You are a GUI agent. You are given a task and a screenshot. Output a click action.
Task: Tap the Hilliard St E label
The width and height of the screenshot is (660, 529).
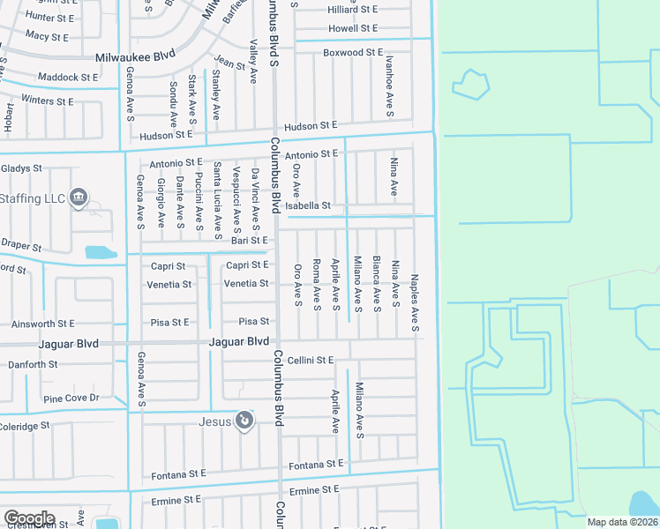pyautogui.click(x=352, y=9)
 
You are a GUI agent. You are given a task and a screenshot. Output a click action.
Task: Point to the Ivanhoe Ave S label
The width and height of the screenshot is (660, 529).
pyautogui.click(x=389, y=86)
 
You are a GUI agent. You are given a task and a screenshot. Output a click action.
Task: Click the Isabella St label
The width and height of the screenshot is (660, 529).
pyautogui.click(x=313, y=205)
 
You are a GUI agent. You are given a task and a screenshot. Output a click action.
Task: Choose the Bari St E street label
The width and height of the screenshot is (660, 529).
pyautogui.click(x=249, y=240)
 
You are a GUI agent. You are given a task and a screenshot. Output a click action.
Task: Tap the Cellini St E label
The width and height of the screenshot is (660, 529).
pyautogui.click(x=310, y=360)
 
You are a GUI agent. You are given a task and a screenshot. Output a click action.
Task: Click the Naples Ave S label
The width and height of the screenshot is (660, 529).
pyautogui.click(x=415, y=305)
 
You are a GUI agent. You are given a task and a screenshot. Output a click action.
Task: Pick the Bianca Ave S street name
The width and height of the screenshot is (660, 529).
pyautogui.click(x=377, y=284)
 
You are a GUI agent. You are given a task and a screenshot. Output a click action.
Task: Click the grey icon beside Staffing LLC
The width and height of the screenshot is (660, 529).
pyautogui.click(x=79, y=197)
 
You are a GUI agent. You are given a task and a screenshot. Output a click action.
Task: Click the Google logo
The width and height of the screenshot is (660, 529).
pyautogui.click(x=29, y=518)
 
